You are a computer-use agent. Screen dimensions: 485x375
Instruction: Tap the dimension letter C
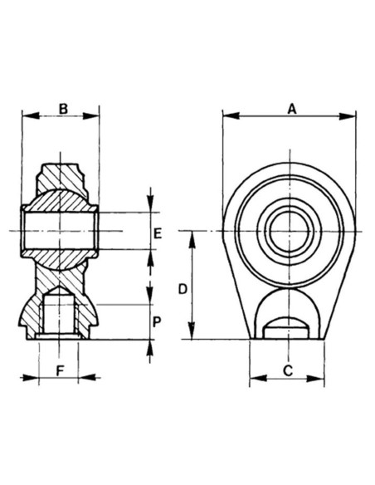coord(286,370)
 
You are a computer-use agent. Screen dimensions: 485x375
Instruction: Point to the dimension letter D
coord(183,288)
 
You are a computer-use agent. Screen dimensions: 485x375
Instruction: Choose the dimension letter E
coord(158,232)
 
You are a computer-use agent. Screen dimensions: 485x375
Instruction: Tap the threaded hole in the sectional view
coord(59,316)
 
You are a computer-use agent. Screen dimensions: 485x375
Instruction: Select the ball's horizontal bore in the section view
coord(59,231)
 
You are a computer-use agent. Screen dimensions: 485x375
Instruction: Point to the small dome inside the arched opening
coord(286,322)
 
